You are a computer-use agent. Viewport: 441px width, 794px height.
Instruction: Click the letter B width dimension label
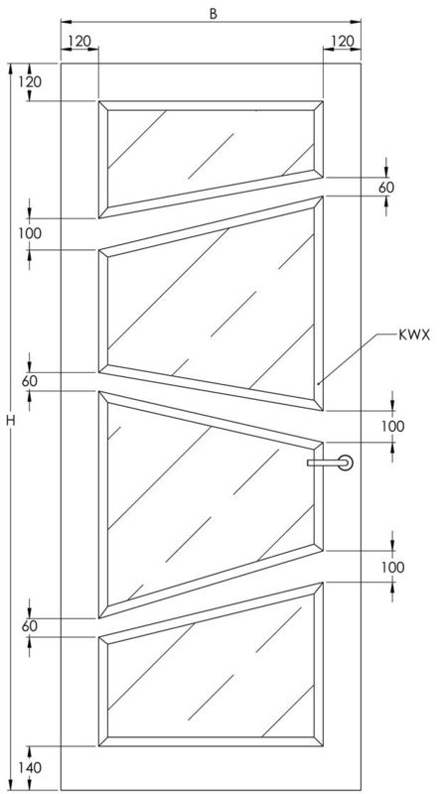coord(214,14)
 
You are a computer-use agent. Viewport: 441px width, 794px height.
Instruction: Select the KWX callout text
coord(414,334)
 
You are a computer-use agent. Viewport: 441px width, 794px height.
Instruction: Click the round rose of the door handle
coord(346,463)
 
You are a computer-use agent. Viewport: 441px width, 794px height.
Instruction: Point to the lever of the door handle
coord(325,463)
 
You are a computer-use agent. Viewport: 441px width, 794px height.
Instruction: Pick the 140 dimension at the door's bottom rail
coord(30,768)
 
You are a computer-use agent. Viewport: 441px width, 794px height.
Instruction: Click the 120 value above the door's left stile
coord(79,41)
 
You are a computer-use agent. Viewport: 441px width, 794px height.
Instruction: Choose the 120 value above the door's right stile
coord(342,41)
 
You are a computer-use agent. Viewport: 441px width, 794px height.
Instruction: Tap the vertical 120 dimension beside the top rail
coord(30,82)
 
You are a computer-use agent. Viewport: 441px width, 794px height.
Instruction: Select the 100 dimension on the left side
coord(30,234)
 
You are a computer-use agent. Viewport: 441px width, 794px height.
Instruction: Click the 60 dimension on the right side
coord(386,187)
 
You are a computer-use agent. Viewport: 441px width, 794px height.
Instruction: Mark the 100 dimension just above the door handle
coord(393,427)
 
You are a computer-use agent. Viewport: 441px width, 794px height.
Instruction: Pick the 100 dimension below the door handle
coord(393,567)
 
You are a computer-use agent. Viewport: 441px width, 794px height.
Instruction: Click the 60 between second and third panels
coord(30,381)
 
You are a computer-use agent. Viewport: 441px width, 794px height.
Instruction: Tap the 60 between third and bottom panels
coord(30,626)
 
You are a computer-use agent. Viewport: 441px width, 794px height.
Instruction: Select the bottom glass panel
coord(211,674)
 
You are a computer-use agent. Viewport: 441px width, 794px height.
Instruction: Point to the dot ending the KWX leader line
coord(318,384)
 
